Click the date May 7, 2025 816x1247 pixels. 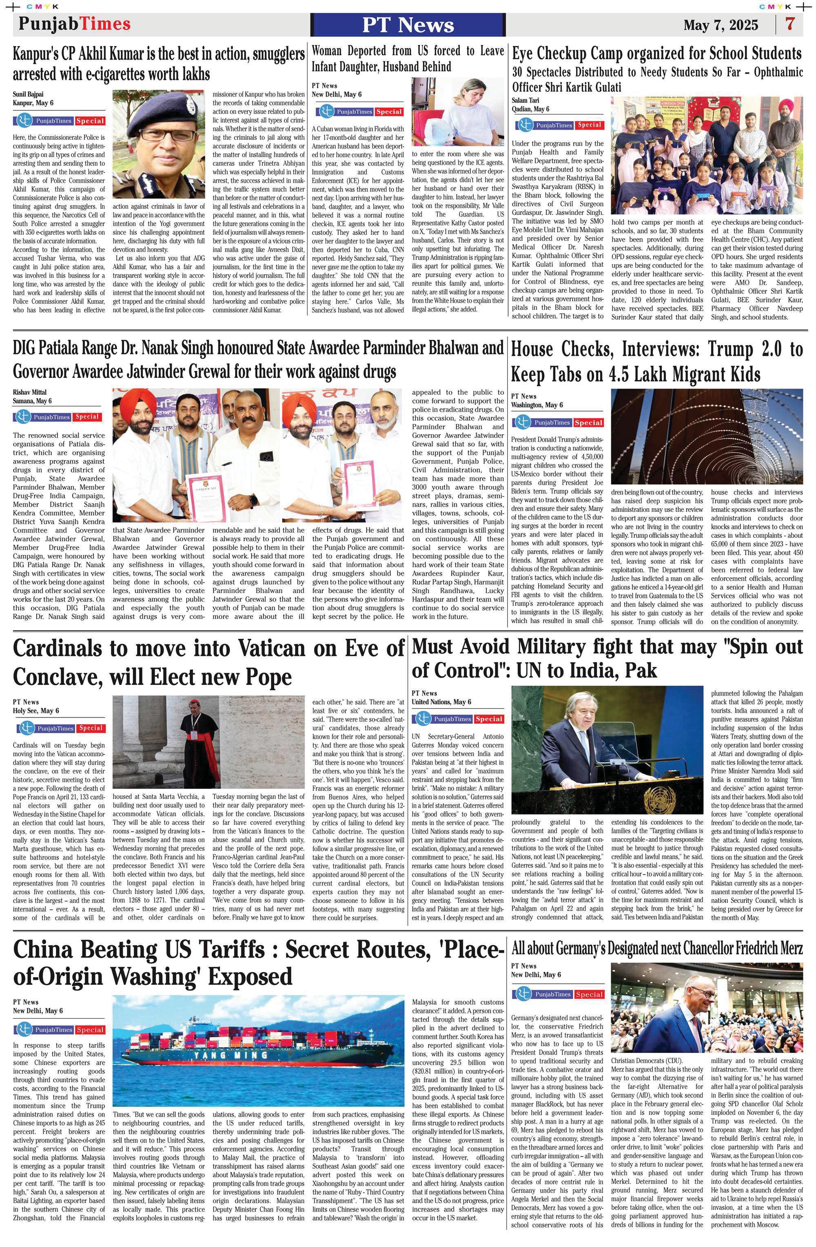tap(721, 25)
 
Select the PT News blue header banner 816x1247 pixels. tap(408, 24)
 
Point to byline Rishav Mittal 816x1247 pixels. tap(29, 392)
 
